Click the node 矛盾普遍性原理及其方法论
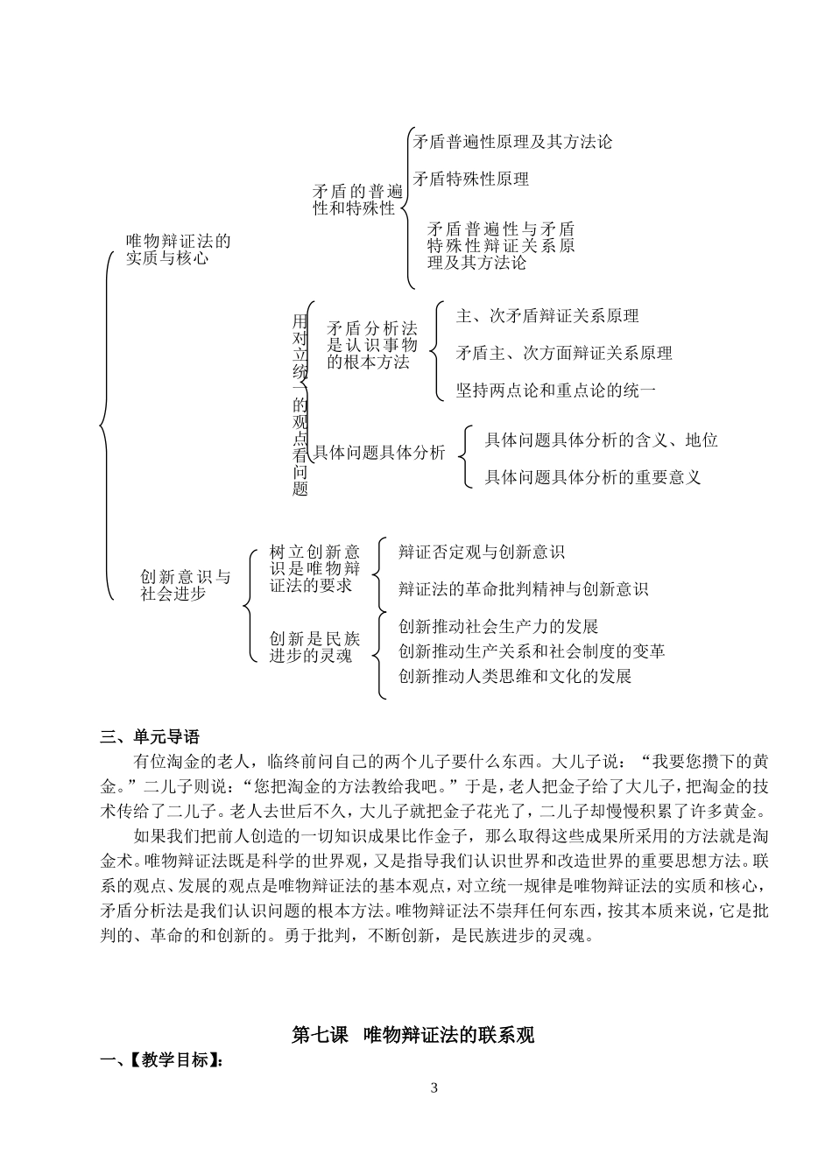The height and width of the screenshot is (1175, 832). click(512, 142)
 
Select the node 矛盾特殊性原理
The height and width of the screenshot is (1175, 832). click(471, 179)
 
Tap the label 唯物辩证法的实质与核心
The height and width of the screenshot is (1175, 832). click(178, 250)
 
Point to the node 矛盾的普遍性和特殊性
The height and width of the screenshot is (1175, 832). click(357, 200)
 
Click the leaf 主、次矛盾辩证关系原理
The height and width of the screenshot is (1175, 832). click(547, 316)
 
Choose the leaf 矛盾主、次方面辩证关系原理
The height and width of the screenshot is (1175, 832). click(564, 353)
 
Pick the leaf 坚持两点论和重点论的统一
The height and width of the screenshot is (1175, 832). click(555, 390)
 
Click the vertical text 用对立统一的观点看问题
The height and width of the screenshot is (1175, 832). click(300, 405)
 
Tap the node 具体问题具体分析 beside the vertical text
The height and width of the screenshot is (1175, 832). click(379, 453)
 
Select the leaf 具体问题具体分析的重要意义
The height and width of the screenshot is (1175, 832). click(593, 477)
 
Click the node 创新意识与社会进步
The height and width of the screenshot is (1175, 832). click(186, 585)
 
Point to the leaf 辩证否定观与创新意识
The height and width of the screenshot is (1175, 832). click(481, 552)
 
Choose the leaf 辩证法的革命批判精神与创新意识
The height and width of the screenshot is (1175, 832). click(523, 589)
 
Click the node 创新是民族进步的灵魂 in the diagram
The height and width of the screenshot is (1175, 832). click(314, 646)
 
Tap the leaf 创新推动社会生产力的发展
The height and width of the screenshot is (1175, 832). click(498, 627)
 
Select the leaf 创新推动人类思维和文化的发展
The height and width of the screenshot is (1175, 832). click(515, 676)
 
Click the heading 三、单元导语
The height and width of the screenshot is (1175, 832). click(151, 735)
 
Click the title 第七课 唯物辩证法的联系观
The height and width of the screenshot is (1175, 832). click(412, 1034)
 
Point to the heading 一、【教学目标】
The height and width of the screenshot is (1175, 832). click(161, 1060)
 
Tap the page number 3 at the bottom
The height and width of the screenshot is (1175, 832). click(434, 1088)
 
